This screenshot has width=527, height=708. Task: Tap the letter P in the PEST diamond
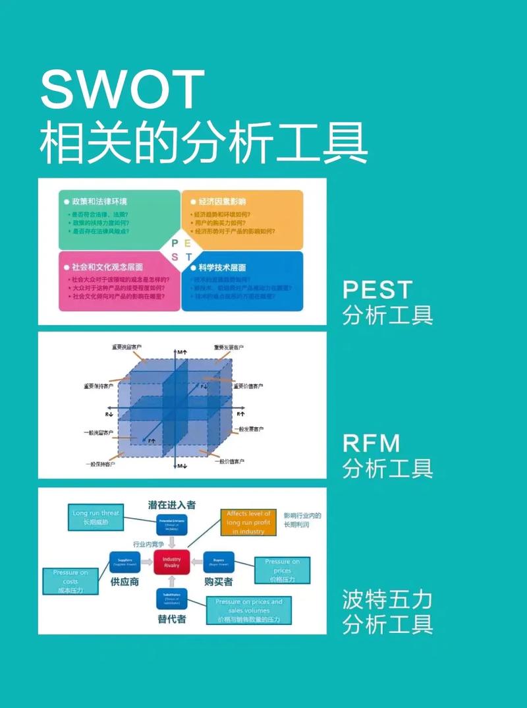pyautogui.click(x=175, y=243)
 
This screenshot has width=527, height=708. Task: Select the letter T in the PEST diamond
pyautogui.click(x=188, y=257)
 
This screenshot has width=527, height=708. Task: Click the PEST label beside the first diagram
pyautogui.click(x=377, y=290)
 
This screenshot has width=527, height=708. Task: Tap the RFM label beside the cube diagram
pyautogui.click(x=372, y=443)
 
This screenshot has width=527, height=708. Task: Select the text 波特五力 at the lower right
pyautogui.click(x=387, y=599)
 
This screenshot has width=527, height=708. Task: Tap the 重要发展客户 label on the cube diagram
pyautogui.click(x=228, y=346)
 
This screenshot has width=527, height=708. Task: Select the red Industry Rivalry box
pyautogui.click(x=171, y=562)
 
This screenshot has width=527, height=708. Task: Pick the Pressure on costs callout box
pyautogui.click(x=70, y=581)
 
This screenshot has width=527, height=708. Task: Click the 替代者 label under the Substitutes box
pyautogui.click(x=171, y=620)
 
